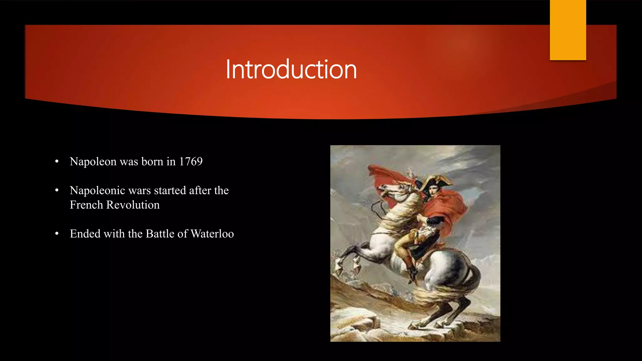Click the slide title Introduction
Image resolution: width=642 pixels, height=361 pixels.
(x=291, y=70)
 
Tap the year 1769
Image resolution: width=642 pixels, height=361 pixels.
(x=191, y=162)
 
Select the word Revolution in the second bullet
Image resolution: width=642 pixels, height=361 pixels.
(x=133, y=205)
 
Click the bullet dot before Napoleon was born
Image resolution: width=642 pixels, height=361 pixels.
(x=57, y=162)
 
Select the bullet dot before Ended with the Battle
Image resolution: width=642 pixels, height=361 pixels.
(x=57, y=234)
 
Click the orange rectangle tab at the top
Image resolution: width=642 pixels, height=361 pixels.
(x=568, y=30)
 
